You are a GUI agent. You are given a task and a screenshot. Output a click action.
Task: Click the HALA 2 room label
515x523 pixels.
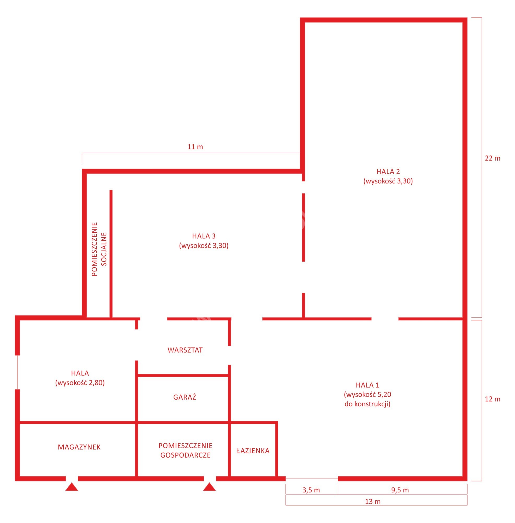tap(388, 171)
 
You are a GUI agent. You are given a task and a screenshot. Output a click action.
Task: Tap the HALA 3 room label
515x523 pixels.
tap(204, 236)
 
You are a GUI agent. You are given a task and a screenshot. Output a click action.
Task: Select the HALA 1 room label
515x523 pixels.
tap(368, 385)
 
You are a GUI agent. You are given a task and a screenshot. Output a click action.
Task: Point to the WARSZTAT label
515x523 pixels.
tap(185, 350)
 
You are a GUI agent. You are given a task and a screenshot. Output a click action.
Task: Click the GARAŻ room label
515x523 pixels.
tap(185, 397)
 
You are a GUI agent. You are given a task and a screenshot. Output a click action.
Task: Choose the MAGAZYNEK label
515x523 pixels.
tap(79, 447)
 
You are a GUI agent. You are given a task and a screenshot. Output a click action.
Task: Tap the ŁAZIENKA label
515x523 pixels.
tap(253, 451)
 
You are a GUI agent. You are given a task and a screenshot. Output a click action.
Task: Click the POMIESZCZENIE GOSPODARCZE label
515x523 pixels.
tap(185, 451)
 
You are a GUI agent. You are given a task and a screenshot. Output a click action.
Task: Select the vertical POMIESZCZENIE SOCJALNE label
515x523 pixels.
tap(99, 249)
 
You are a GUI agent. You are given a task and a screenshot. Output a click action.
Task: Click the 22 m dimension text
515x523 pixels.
tap(493, 158)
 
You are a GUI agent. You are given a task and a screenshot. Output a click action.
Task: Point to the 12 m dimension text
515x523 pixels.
tap(493, 399)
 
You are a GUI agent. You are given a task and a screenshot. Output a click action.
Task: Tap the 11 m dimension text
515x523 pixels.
tap(195, 147)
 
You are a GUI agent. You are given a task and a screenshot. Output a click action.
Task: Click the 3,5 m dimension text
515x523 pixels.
tap(311, 490)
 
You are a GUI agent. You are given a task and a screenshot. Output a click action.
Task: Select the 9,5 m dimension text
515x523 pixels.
tap(400, 490)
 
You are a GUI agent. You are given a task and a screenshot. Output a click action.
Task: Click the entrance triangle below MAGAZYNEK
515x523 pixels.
tap(72, 487)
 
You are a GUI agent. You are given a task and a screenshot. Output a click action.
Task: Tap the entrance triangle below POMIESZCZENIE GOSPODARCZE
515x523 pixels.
tap(209, 487)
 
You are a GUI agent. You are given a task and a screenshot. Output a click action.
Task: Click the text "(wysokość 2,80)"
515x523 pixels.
tap(80, 383)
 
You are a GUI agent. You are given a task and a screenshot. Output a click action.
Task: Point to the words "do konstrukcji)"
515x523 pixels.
tap(368, 404)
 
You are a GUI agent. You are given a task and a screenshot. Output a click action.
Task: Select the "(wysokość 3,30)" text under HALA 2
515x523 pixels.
tap(388, 181)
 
